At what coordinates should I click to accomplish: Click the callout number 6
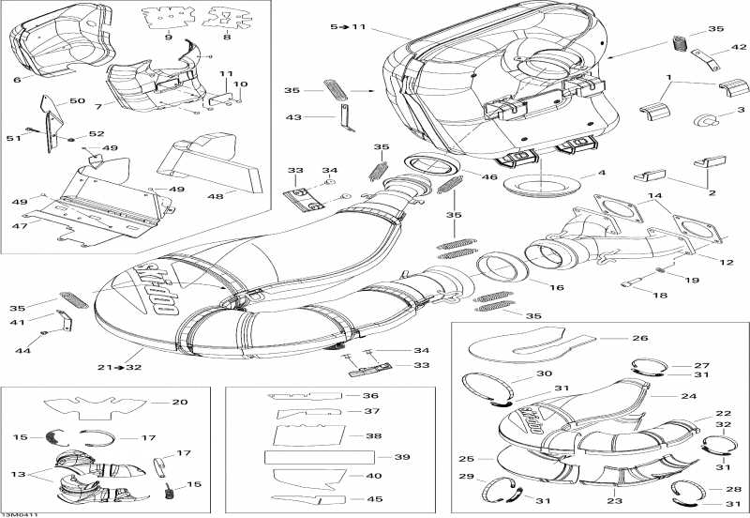click(x=17, y=81)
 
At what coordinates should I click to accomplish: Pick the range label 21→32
click(x=123, y=367)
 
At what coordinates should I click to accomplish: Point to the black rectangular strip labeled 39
click(x=319, y=457)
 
